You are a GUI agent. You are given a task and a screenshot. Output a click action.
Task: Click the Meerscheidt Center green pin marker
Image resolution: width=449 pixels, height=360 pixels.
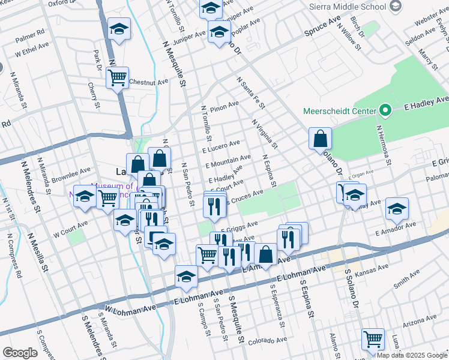point(385,111)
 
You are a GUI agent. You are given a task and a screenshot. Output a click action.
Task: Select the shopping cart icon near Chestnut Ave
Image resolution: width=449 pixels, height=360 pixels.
point(117,77)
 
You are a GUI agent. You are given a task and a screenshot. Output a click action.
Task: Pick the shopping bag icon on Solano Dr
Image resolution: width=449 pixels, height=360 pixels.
point(320,138)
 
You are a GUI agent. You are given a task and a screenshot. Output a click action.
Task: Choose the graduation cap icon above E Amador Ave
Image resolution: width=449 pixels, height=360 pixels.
point(397,208)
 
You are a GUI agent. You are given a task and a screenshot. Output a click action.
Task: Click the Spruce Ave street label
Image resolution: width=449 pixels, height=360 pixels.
point(322,27)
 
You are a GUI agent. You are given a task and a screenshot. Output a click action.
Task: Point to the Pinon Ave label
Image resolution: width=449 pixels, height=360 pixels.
point(224,107)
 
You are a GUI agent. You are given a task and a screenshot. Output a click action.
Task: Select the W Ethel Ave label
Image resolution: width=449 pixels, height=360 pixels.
point(31,52)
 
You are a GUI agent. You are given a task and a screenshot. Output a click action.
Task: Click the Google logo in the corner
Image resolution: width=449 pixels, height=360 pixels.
point(20,353)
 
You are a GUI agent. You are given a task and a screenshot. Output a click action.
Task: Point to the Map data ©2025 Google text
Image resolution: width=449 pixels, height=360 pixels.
point(411,355)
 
